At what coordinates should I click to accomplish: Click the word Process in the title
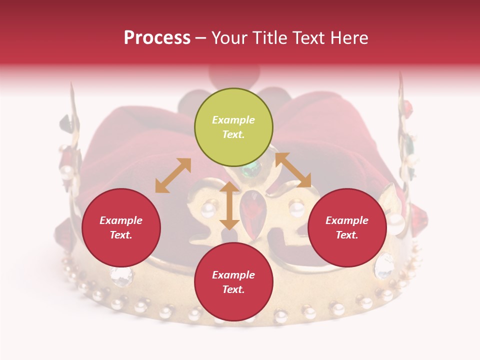pos(157,38)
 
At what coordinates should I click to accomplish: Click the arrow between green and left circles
pos(173,175)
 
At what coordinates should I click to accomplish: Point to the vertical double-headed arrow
pos(229,205)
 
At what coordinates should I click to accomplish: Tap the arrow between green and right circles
pos(293,170)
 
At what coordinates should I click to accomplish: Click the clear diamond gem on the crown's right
pos(384,265)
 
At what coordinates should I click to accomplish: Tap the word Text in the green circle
pos(233,134)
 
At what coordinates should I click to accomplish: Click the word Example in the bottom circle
pos(233,275)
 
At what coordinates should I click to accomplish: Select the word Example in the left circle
pos(121,220)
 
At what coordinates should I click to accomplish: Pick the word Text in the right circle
pos(346,235)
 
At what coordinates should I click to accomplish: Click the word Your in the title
pos(230,38)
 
